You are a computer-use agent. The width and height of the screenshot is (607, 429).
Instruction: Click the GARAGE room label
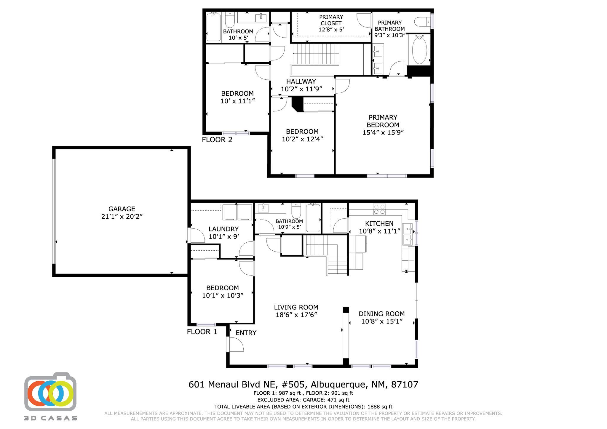click(x=122, y=209)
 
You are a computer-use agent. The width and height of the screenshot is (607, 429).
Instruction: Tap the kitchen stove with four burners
click(x=379, y=209)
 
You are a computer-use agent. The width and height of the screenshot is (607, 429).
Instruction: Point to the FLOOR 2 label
click(x=217, y=140)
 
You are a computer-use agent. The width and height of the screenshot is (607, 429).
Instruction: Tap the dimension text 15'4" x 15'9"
click(x=383, y=132)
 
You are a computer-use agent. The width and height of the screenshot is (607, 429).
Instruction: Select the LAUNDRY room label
click(x=223, y=229)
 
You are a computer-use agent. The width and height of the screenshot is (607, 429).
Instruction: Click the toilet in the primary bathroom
click(x=421, y=22)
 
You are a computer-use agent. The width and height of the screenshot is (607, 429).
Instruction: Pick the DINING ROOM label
click(x=381, y=314)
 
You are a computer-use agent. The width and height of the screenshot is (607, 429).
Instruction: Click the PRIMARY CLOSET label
click(x=331, y=20)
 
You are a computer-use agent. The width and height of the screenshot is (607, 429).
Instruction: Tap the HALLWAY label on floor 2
click(x=301, y=81)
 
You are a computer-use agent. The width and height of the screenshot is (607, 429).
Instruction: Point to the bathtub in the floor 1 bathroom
click(x=313, y=218)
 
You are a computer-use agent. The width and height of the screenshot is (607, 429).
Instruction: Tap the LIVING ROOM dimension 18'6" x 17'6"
click(x=296, y=315)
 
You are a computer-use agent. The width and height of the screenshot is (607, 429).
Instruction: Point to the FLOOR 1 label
click(x=202, y=332)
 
